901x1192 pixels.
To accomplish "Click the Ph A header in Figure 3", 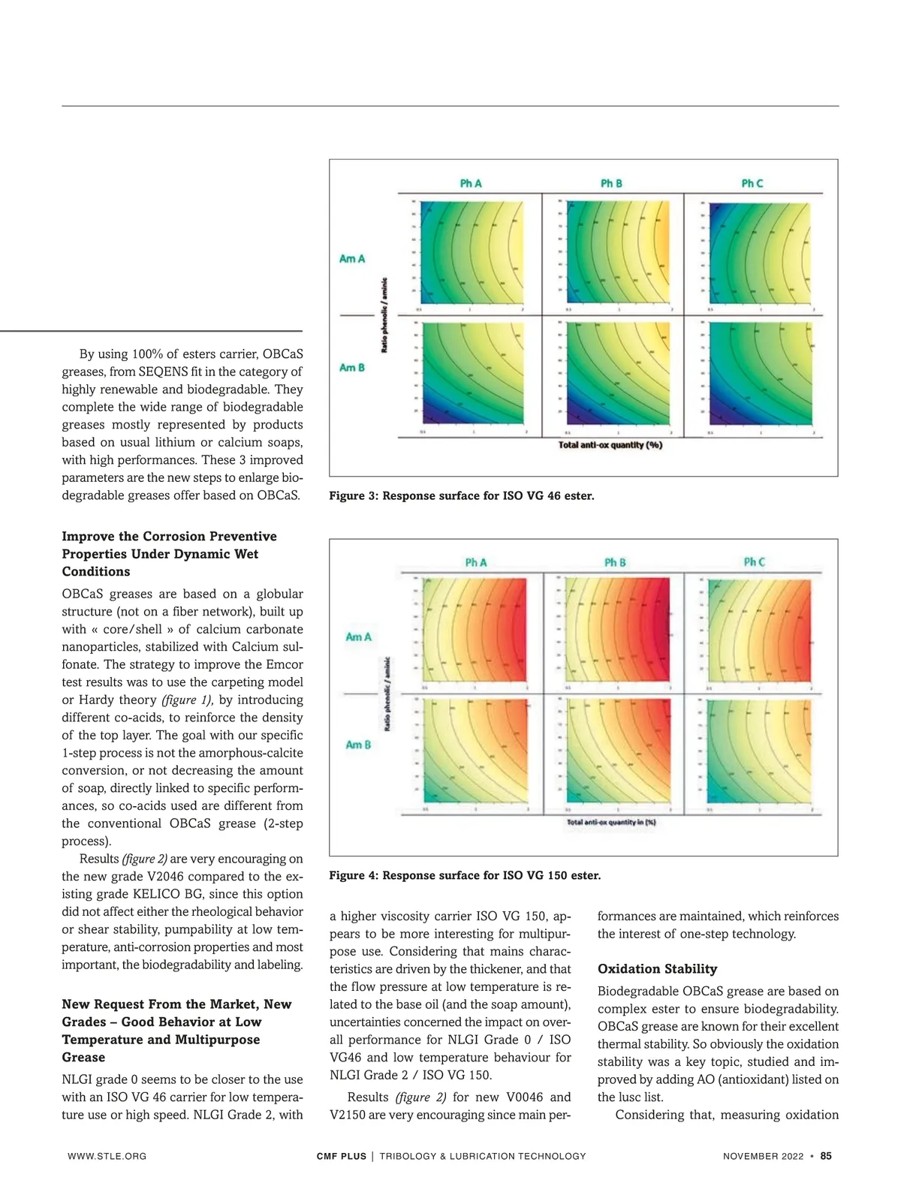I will coord(471,183).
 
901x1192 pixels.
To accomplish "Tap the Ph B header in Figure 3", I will coord(611,183).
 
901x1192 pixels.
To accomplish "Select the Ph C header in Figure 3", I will coord(752,183).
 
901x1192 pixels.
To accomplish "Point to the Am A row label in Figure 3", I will coord(352,259).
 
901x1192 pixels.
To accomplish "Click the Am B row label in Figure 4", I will coord(358,745).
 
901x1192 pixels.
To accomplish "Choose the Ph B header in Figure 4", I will coord(615,562).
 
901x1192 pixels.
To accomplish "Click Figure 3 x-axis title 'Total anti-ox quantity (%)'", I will coord(610,445).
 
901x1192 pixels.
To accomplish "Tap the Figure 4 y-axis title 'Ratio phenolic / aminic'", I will coord(387,694).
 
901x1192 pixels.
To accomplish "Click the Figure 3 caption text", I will coord(461,495).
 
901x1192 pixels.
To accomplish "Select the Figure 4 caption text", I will coord(465,875).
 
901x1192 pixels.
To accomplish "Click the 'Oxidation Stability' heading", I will coord(657,969).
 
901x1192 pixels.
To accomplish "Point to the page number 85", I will coord(826,1156).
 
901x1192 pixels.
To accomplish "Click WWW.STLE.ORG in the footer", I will coord(107,1156).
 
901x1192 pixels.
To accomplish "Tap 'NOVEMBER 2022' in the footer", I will coord(763,1156).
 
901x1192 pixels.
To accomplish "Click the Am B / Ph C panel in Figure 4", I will coord(758,751).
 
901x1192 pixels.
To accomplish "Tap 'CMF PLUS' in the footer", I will coord(342,1156).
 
